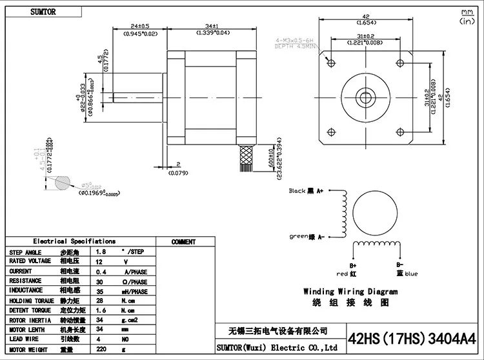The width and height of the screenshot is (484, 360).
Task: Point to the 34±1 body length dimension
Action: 214,27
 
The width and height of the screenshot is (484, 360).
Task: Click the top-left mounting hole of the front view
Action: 333,63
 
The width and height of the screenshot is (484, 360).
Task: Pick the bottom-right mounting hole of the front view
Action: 402,131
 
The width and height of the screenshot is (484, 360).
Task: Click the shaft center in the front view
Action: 368,97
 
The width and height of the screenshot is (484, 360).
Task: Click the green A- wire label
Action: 307,235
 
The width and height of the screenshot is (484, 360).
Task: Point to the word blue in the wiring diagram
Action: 410,274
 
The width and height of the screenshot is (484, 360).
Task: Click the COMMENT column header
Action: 184,242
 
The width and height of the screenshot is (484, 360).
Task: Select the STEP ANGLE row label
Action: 25,252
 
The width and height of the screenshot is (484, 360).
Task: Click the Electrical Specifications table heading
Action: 74,241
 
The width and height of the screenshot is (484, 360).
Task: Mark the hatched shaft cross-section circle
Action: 63,184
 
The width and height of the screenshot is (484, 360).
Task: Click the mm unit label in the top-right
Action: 467,12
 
